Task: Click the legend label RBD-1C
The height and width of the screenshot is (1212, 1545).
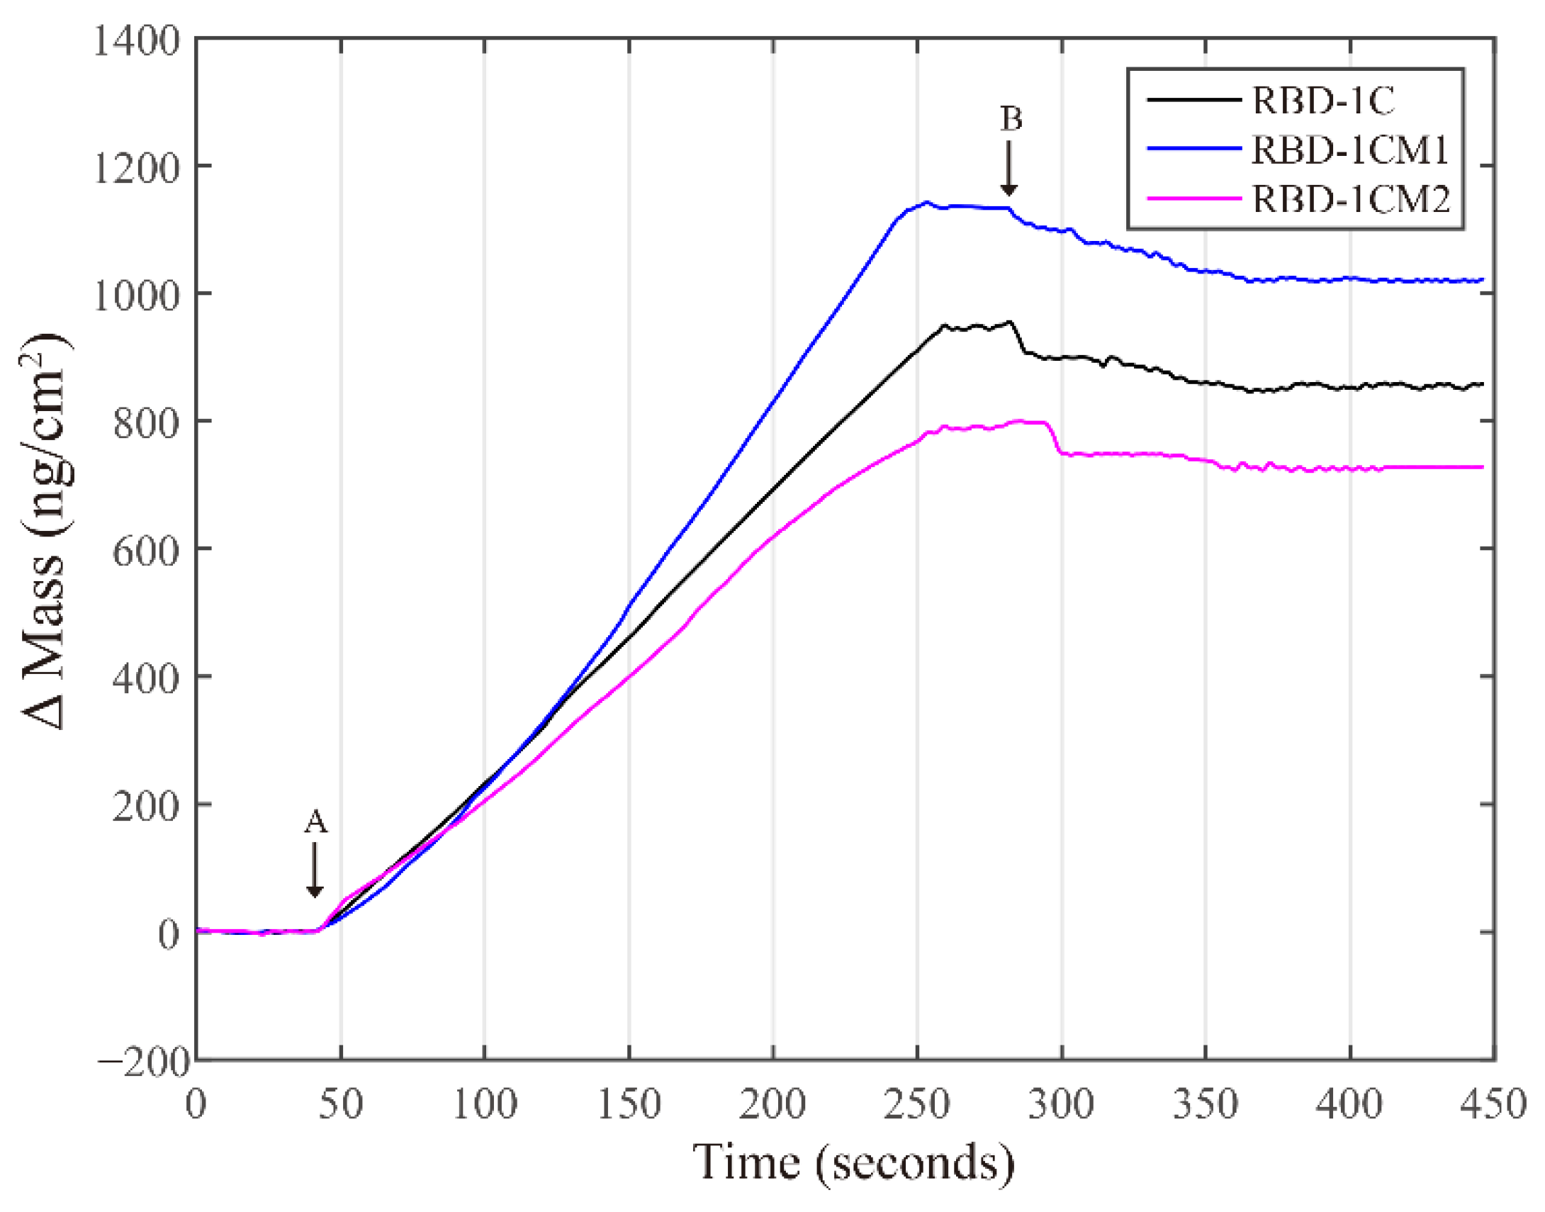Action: tap(1323, 101)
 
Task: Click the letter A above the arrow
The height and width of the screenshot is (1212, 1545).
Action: tap(315, 822)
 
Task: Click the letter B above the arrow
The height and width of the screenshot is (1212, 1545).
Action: tap(1011, 118)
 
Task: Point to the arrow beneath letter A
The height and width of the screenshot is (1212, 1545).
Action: tap(315, 870)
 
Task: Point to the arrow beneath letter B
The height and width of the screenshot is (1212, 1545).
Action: tap(1009, 169)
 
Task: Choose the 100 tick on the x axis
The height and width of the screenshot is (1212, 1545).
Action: tap(485, 1104)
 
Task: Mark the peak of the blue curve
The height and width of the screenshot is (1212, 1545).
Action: tap(926, 202)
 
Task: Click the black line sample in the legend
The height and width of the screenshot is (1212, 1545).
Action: tap(1194, 100)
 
